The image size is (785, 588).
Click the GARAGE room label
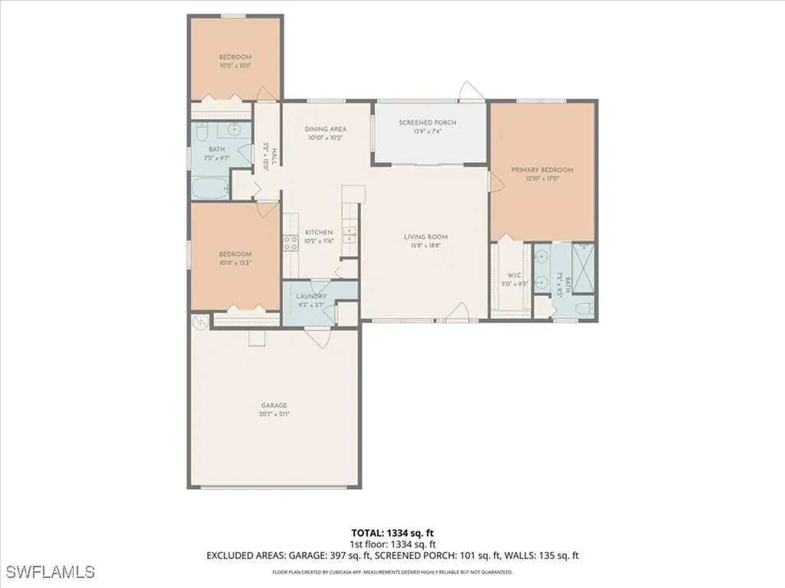274,405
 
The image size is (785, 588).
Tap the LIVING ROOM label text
425,237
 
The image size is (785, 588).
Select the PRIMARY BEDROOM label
549,170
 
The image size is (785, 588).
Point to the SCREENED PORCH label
428,122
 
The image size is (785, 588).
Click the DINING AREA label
326,129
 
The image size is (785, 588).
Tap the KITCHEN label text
319,232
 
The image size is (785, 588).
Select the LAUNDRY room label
311,296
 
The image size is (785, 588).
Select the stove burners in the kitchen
291,243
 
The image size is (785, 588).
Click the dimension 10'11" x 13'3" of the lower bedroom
235,263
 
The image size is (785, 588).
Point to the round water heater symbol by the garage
202,323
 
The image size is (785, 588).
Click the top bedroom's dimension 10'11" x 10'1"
235,65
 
